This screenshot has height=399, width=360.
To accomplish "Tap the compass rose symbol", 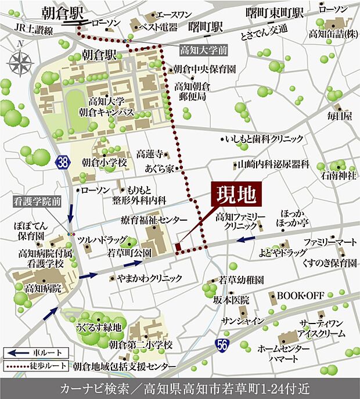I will pyautogui.click(x=21, y=60).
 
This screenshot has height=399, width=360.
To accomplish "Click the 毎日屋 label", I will pyautogui.click(x=339, y=116).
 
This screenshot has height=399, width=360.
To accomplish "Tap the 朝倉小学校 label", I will pyautogui.click(x=104, y=163).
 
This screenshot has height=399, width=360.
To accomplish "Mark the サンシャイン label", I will pyautogui.click(x=247, y=321).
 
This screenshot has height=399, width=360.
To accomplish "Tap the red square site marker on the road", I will pyautogui.click(x=178, y=248).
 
